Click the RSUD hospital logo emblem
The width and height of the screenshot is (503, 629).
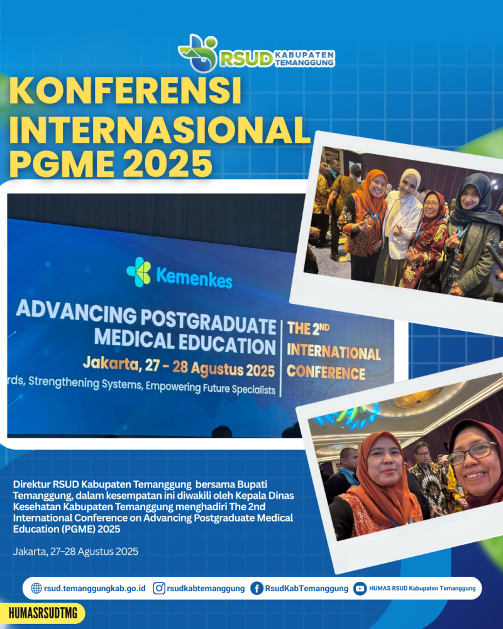198,53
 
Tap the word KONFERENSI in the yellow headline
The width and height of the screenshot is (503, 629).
125,91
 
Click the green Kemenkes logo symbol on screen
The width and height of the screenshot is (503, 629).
139,272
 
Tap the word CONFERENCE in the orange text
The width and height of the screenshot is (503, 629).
326,372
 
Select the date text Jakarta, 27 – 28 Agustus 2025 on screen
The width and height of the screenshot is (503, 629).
179,366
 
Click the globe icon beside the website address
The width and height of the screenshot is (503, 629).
36,588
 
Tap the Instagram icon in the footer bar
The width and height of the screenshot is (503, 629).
159,588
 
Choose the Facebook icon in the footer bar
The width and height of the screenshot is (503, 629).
257,589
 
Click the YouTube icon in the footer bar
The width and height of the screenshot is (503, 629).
360,589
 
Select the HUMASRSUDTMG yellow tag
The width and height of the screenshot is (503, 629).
42,613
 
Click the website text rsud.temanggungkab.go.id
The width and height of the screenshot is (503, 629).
95,589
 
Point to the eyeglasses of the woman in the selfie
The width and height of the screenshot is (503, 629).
473,454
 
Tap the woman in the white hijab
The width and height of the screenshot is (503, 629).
401,225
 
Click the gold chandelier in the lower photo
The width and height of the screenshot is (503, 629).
417,397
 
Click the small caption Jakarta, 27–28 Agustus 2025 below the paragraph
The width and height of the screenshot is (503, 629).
75,552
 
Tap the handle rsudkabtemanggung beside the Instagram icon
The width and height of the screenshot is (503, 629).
206,589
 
